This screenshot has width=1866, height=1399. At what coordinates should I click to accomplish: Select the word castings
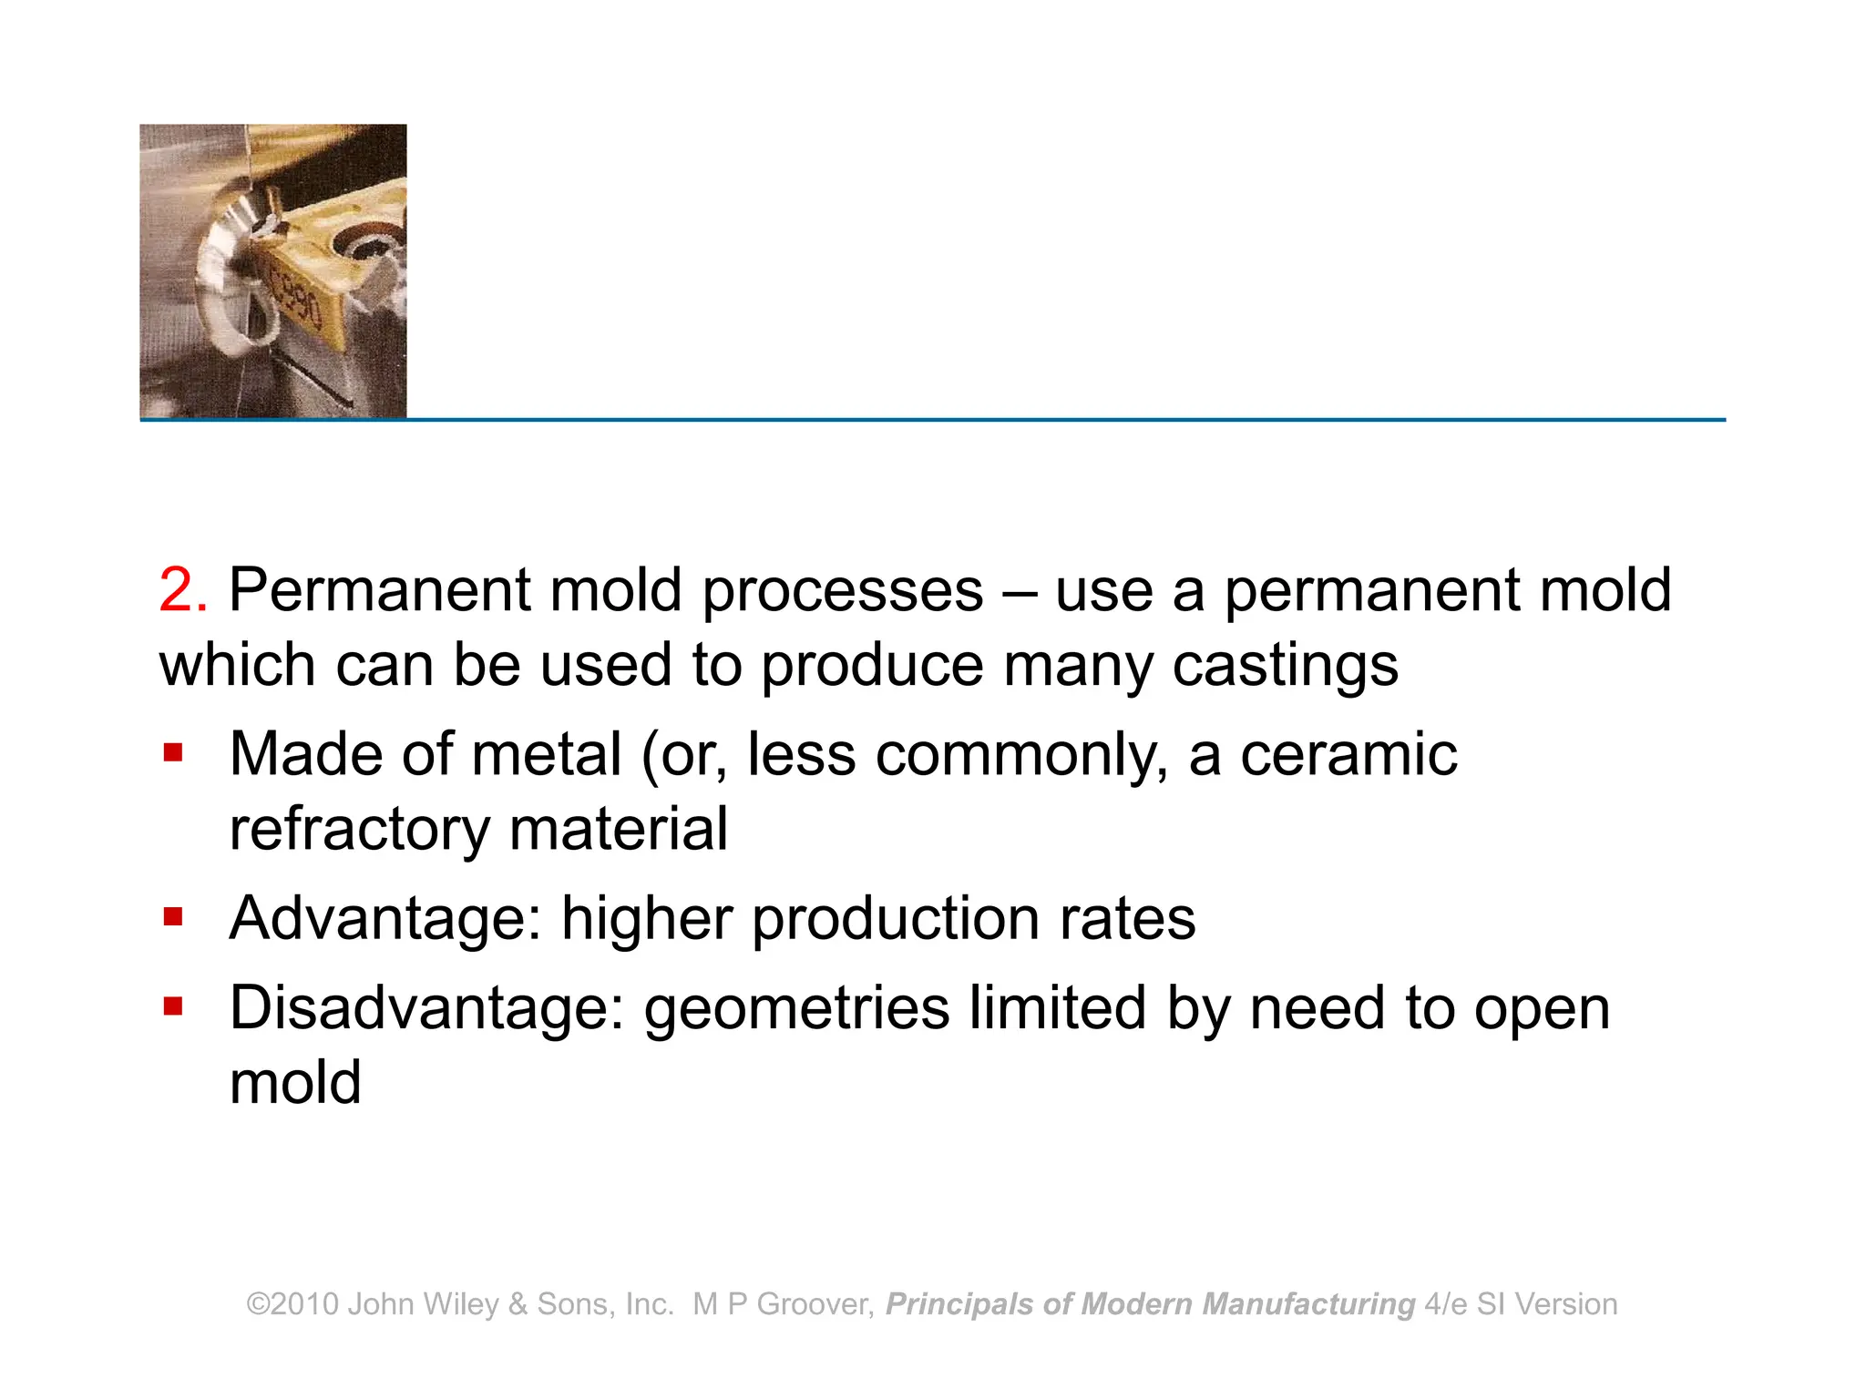pos(1285,666)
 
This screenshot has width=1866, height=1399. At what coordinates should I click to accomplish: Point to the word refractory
pos(359,830)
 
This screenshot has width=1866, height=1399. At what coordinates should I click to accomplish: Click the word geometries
pos(796,1010)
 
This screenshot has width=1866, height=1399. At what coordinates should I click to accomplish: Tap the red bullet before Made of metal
pos(173,753)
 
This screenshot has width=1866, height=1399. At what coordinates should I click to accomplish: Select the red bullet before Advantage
pos(173,915)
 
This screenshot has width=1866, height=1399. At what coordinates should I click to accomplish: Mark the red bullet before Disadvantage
pos(173,1006)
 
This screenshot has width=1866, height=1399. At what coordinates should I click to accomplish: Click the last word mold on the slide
pos(295,1083)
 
